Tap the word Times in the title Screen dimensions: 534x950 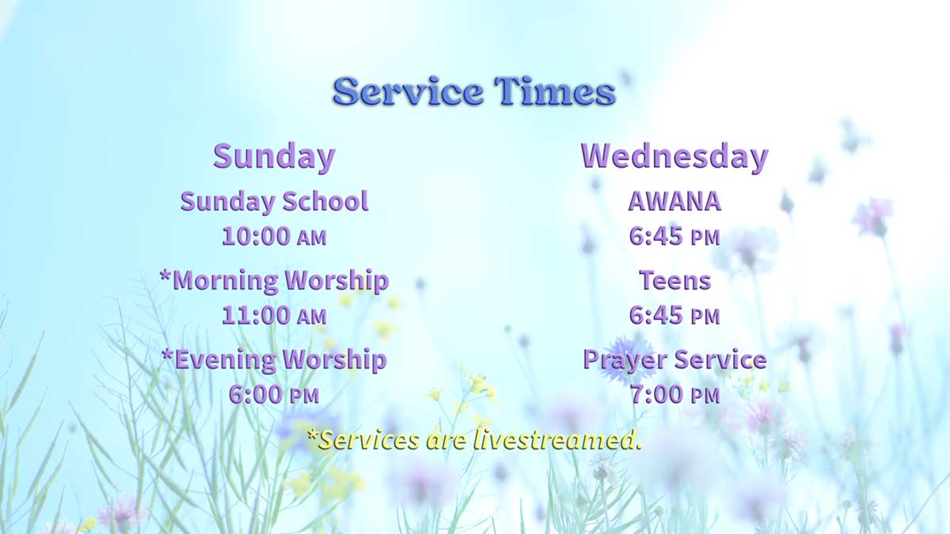tap(555, 92)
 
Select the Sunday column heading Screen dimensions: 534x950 tap(274, 156)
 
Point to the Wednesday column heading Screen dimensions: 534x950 tap(674, 156)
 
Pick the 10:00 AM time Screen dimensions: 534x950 tap(274, 236)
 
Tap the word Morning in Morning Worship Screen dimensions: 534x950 tap(225, 280)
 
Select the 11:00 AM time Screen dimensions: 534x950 tap(274, 315)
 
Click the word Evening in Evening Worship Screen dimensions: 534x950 tap(226, 359)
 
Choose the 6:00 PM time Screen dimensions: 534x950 tap(274, 394)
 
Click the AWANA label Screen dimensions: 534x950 tap(674, 202)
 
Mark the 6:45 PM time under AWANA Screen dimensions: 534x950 tap(674, 236)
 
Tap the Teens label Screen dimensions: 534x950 tap(674, 280)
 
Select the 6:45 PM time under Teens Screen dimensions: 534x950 tap(674, 315)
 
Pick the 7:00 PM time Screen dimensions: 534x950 tap(674, 394)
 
